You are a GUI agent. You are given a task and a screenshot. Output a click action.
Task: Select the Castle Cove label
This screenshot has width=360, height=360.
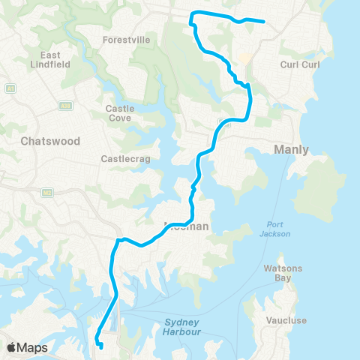[121, 114]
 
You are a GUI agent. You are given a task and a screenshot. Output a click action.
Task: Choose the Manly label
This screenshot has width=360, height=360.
[292, 149]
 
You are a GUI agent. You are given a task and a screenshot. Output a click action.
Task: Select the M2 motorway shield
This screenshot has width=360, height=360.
[46, 193]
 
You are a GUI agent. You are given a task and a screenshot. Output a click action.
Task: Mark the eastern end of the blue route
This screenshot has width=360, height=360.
[265, 22]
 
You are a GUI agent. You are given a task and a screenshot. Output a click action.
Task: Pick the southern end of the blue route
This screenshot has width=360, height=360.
[101, 346]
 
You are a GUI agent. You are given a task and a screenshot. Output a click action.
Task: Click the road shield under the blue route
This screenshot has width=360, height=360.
[223, 121]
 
